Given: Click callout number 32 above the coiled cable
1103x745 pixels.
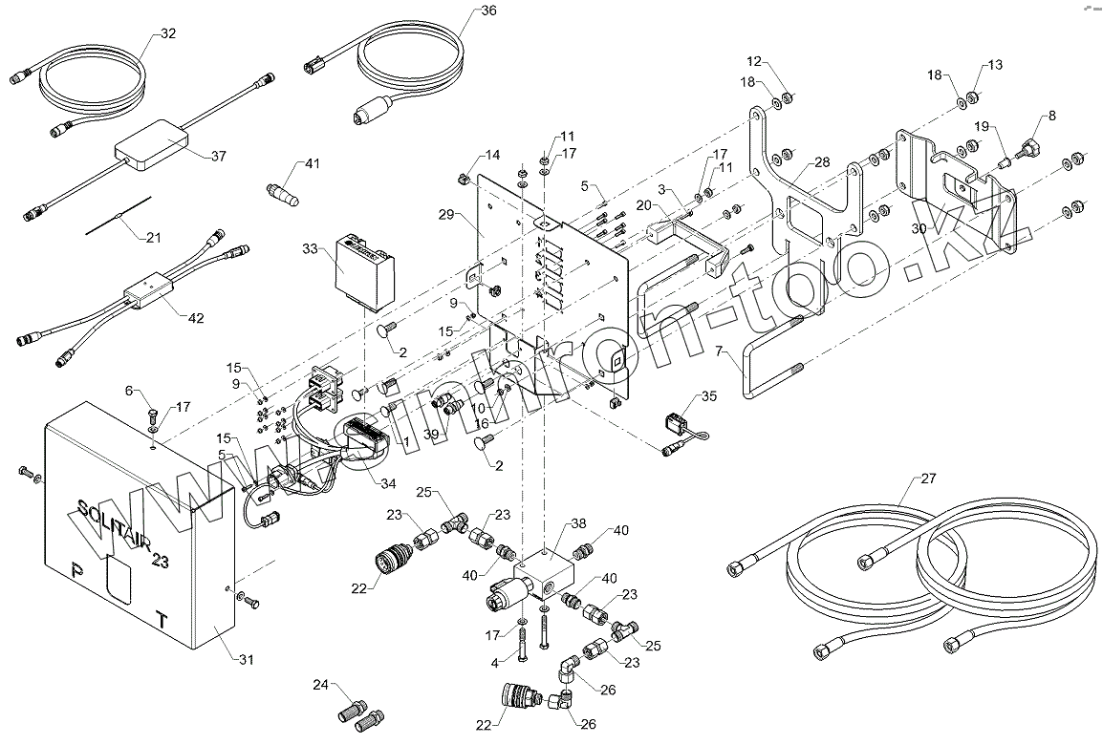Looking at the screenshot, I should pos(168,34).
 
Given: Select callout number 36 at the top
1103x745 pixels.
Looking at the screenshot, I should pos(488,11).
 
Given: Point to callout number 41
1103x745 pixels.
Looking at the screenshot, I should pos(312,163).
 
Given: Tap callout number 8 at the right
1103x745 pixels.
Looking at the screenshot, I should pos(1051,116).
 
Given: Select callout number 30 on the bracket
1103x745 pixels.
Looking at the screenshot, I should pos(919,229).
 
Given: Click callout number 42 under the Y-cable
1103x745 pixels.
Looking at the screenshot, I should pos(195,317).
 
